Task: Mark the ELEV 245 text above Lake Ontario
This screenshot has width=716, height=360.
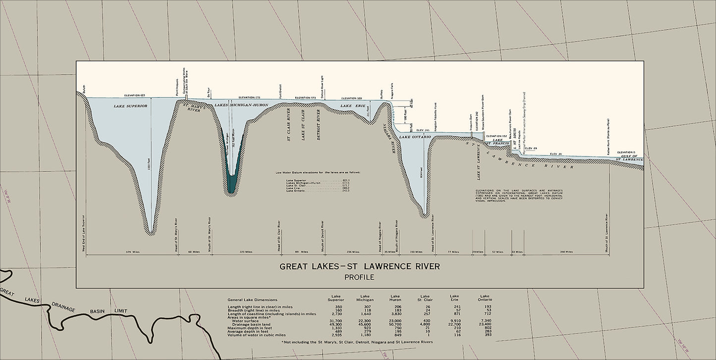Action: coord(422,130)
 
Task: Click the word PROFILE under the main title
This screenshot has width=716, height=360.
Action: coord(359,277)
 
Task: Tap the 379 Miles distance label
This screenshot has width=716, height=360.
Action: coord(133,252)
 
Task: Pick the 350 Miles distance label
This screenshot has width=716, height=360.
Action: coord(566,252)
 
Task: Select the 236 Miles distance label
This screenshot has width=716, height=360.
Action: coord(353,252)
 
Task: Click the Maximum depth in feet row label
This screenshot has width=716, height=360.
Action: coord(253,328)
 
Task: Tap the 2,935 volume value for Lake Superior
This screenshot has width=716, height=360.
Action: coord(336,335)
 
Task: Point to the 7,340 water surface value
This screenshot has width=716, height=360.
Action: coord(485,321)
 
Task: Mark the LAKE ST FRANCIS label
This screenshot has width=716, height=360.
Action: coord(497,142)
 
